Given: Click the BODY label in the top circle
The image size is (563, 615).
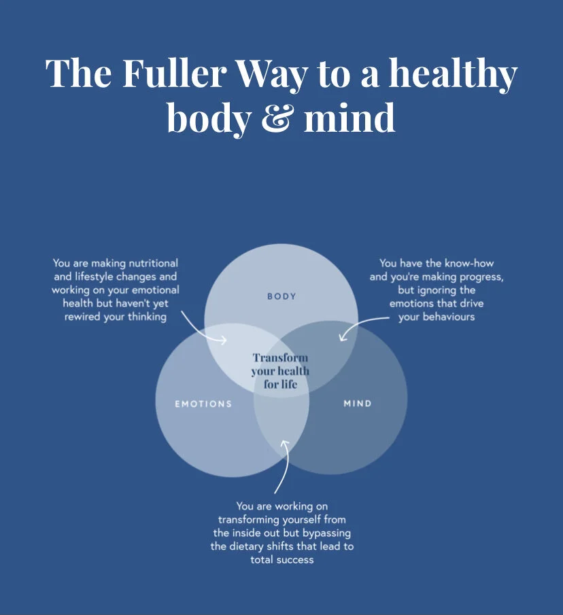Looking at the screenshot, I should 281,296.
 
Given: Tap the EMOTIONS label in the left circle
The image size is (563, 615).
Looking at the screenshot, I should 203,404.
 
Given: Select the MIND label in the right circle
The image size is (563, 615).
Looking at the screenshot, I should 358,404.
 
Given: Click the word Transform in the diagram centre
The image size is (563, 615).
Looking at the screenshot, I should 280,358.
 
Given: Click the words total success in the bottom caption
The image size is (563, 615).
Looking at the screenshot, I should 281,561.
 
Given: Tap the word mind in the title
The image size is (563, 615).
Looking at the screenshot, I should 349,118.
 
